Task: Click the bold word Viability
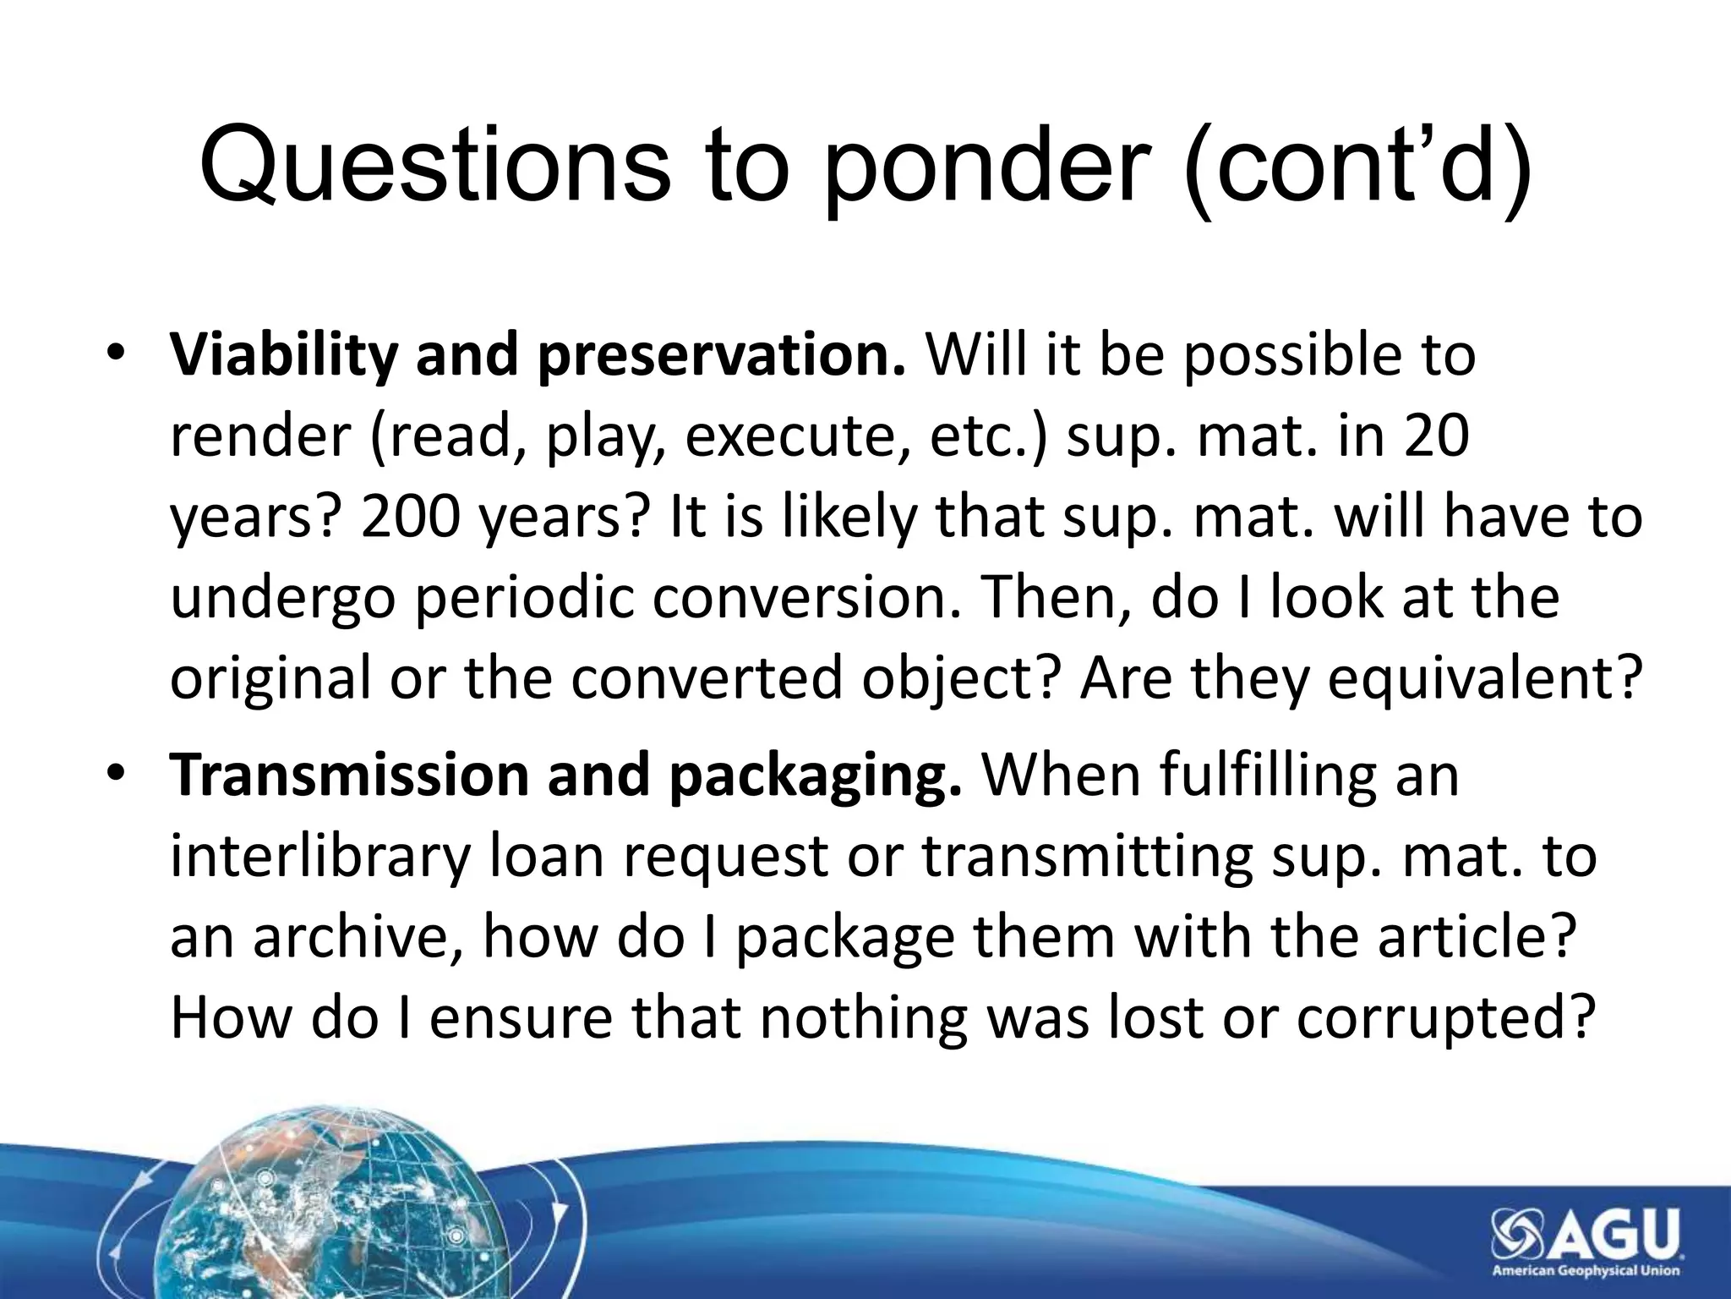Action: [282, 356]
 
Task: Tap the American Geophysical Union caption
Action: [1586, 1270]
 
